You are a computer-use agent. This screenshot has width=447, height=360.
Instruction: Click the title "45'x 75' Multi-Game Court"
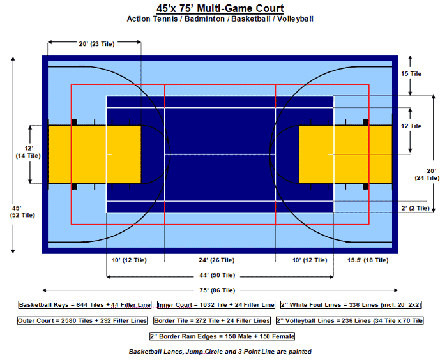pos(220,8)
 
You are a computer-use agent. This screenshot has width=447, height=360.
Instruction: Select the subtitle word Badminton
pos(204,19)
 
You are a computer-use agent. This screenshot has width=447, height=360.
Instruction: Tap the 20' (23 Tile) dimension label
pos(96,44)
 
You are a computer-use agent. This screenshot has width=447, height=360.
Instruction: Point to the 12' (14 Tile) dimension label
pos(28,152)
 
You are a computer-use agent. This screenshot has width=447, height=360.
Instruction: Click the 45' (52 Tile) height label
pos(22,211)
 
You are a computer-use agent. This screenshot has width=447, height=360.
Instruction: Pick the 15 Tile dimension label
pos(411,74)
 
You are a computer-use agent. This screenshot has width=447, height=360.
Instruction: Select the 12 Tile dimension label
pos(411,126)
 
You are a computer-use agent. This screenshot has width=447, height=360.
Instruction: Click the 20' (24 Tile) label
pos(427,174)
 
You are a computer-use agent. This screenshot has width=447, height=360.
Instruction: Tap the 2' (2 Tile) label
pos(415,208)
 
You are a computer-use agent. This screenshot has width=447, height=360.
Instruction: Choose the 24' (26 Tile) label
pos(216,260)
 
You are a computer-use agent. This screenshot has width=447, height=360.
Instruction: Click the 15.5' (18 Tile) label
pos(368,260)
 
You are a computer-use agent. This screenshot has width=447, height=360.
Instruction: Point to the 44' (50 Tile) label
pos(217,275)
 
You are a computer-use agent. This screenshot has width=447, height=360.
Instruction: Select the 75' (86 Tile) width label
pos(217,290)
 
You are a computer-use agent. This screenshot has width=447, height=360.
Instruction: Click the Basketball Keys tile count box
pos(85,305)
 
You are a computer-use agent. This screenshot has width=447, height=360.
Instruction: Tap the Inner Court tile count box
pos(216,305)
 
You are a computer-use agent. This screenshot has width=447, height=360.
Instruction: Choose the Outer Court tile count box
pos(82,320)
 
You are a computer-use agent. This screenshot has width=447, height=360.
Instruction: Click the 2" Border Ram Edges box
pos(222,336)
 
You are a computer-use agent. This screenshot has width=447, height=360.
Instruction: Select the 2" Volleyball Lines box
pos(350,320)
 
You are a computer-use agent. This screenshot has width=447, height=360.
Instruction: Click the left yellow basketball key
pos(95,154)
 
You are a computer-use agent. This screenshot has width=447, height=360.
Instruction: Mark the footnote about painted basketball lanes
pos(220,352)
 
